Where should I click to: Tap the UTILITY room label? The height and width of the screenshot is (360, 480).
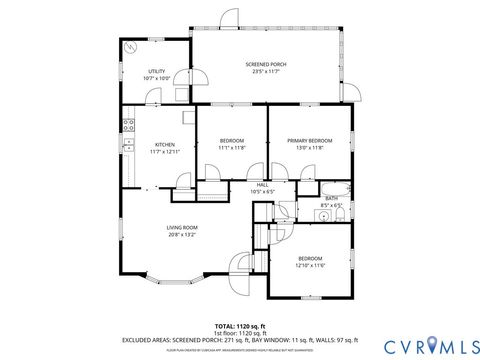157,71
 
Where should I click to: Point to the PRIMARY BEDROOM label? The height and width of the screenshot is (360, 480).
308,140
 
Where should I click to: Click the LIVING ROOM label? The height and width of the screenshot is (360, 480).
182,227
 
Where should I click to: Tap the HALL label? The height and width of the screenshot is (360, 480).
262,184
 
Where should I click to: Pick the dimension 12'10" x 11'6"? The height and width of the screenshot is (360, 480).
310,265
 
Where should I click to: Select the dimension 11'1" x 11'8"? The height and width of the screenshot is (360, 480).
232,147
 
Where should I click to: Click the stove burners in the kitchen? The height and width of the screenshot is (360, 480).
128,125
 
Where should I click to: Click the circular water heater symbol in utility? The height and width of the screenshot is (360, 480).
130,46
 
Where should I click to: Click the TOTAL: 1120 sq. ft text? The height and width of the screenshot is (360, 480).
240,326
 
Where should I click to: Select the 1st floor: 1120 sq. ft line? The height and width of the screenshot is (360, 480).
240,333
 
